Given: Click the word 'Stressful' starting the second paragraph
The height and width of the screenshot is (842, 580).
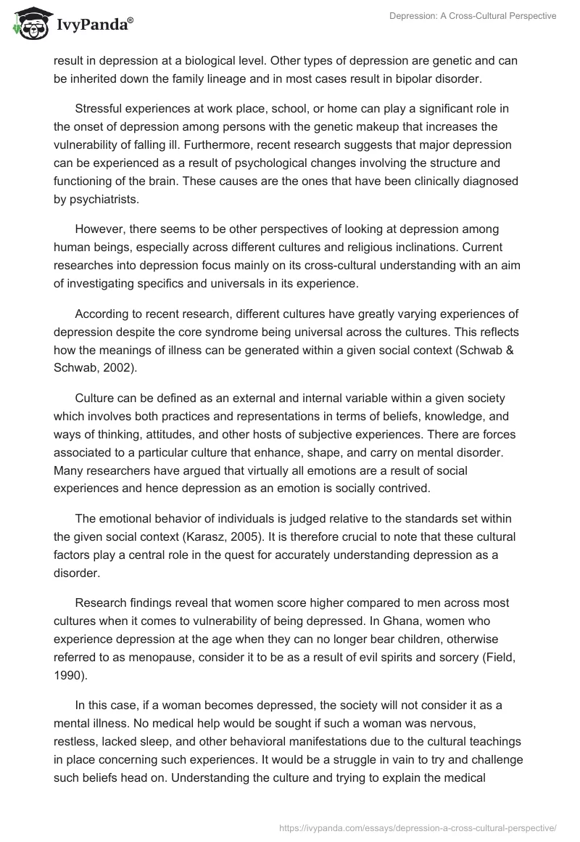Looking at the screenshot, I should pos(99,109).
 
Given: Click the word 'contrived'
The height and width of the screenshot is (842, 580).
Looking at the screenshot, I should pos(404,489).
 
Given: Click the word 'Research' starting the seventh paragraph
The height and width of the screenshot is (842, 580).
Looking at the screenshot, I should pos(101,602).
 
